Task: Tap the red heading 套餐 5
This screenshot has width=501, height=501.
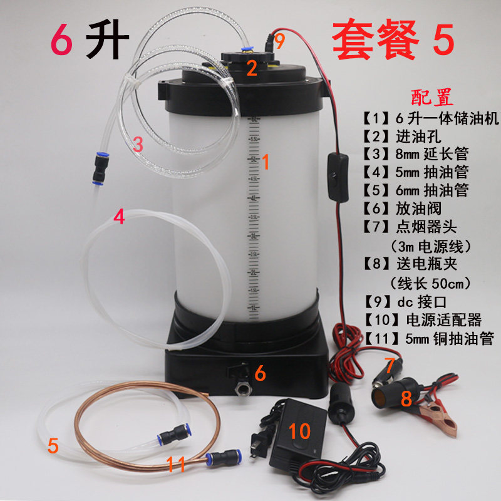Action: pos(392,41)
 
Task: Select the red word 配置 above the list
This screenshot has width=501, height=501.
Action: pos(431,98)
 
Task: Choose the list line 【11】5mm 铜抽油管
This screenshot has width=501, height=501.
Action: pos(429,339)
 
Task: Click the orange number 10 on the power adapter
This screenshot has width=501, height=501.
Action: pos(300,431)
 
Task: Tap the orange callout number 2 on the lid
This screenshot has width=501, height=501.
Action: pos(251,68)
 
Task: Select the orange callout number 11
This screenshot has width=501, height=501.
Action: pos(177,464)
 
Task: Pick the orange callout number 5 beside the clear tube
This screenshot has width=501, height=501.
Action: pos(53,446)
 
